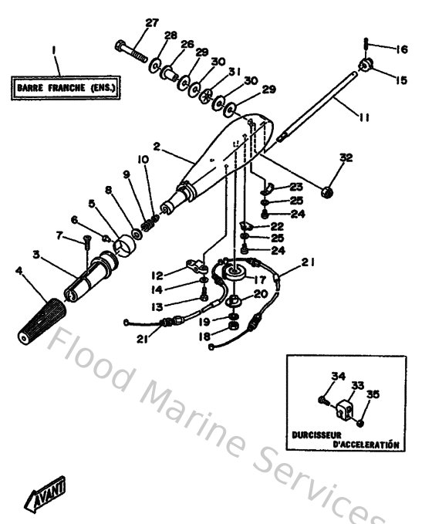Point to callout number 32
pyautogui.click(x=346, y=158)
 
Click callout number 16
pyautogui.click(x=401, y=50)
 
